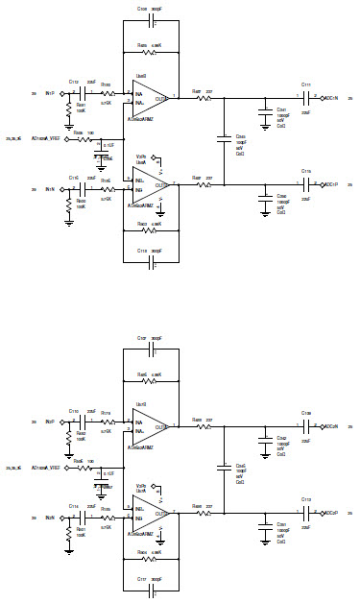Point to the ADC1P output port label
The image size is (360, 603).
(x=330, y=183)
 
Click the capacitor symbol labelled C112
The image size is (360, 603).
(x=74, y=94)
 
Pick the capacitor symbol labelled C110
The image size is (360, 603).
(x=74, y=421)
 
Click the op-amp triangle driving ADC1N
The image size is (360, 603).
(x=154, y=98)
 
